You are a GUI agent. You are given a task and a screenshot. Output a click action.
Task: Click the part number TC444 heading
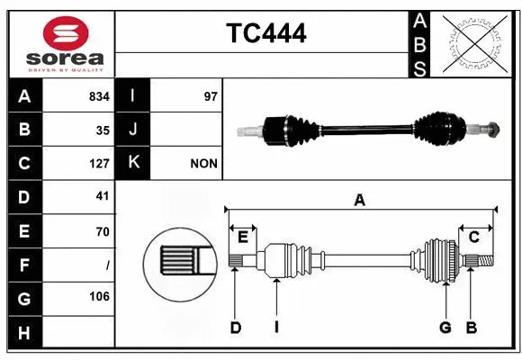265,33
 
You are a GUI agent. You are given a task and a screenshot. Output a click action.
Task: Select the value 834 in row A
99,95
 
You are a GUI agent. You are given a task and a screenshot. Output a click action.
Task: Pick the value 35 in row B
103,130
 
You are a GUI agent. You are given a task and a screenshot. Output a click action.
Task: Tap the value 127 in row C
99,164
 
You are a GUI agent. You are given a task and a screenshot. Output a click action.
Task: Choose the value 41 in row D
103,197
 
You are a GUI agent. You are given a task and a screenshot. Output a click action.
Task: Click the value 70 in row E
103,231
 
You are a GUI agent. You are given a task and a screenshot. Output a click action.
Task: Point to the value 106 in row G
99,296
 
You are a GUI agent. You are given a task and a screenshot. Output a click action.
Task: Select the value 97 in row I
211,95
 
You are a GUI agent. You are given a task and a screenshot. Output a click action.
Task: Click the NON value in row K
203,164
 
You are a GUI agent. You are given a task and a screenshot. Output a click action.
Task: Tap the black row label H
24,333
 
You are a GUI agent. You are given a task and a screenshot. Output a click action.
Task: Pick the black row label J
134,130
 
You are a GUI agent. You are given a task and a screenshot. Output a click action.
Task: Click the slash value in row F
107,265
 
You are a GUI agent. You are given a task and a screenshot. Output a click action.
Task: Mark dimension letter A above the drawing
359,200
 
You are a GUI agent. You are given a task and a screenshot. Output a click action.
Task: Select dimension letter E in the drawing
242,237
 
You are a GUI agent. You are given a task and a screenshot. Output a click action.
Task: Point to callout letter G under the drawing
445,327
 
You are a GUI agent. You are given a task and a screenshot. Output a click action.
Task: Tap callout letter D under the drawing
236,327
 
